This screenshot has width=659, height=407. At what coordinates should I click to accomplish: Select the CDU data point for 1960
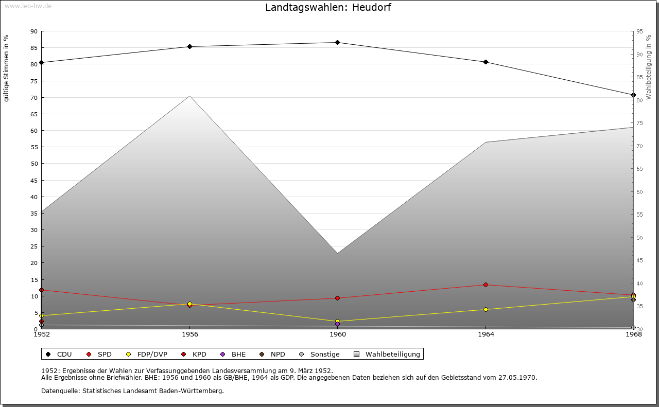pyautogui.click(x=337, y=42)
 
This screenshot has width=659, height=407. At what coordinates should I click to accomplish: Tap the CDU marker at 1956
pyautogui.click(x=189, y=47)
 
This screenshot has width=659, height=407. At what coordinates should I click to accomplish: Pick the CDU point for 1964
pyautogui.click(x=485, y=62)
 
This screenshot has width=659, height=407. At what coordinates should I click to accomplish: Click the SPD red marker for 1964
pyautogui.click(x=485, y=285)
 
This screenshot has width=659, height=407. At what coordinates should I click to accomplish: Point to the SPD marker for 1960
pyautogui.click(x=337, y=298)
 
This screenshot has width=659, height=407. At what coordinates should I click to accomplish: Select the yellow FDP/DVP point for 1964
pyautogui.click(x=485, y=309)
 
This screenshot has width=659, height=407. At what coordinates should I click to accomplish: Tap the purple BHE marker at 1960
pyautogui.click(x=337, y=324)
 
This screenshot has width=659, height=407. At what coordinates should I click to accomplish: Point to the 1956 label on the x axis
pyautogui.click(x=189, y=334)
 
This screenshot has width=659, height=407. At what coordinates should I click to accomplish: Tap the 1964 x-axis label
pyautogui.click(x=485, y=334)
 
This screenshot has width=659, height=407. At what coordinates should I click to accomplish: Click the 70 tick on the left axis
pyautogui.click(x=34, y=97)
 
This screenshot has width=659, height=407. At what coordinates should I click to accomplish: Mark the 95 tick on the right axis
pyautogui.click(x=639, y=31)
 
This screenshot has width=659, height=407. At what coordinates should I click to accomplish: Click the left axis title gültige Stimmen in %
pyautogui.click(x=6, y=68)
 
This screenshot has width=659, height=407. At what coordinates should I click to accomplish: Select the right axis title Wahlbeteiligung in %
pyautogui.click(x=648, y=67)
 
